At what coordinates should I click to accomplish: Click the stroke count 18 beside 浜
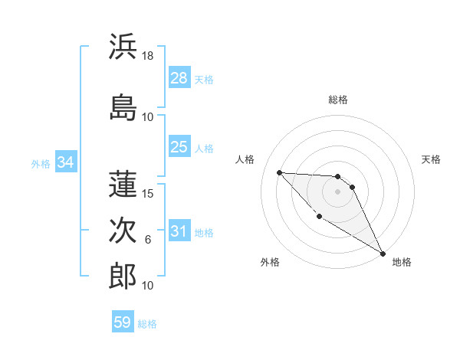[x=148, y=57]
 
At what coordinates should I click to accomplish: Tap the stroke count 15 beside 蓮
[x=148, y=194]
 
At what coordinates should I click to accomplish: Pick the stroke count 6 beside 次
[x=148, y=240]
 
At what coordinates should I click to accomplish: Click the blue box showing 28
[x=179, y=77]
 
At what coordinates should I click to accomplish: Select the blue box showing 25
[x=179, y=147]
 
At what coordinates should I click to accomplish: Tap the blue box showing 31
[x=179, y=231]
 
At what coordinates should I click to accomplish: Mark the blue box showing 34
[x=65, y=162]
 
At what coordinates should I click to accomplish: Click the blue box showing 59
[x=123, y=322]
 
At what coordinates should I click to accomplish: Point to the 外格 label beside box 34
[x=41, y=164]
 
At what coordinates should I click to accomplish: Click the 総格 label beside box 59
[x=147, y=324]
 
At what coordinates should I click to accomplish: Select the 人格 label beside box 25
[x=204, y=149]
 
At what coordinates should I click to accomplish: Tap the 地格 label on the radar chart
[x=402, y=263]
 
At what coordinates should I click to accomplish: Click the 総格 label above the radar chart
[x=338, y=100]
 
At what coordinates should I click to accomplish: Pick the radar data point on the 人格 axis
[x=280, y=172]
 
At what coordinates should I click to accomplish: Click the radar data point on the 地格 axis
[x=383, y=253]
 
